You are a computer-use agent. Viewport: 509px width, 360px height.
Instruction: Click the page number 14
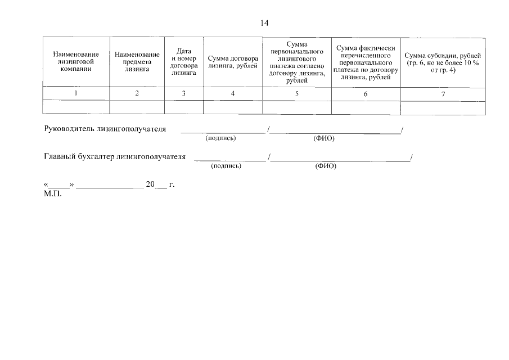coord(264,23)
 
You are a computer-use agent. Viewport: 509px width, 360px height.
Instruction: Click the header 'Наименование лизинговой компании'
coord(76,62)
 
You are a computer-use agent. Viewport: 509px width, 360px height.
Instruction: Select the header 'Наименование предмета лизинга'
coord(137,62)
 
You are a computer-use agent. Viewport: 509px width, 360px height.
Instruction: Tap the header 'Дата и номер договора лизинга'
coord(184,62)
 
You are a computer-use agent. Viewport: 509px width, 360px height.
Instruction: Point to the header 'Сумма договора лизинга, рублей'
coord(233,62)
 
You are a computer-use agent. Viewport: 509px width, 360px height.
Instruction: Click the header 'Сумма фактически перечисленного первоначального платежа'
coord(366,62)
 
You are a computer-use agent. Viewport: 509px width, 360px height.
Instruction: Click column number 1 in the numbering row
coord(76,93)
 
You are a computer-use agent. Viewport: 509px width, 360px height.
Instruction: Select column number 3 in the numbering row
coord(184,93)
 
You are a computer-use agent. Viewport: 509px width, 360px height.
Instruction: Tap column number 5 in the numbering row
coord(297,94)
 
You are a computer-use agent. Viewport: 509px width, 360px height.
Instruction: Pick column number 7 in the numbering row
coord(443,94)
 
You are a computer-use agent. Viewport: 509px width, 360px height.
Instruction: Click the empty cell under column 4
coord(233,107)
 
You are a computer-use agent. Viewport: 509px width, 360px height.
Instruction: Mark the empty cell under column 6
coord(366,108)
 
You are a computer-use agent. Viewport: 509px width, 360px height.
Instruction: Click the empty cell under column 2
coord(137,107)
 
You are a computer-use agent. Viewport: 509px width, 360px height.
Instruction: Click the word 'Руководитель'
coord(69,129)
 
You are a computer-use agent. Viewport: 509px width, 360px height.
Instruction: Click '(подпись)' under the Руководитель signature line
coord(220,138)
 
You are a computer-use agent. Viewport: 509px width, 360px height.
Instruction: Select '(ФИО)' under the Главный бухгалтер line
coord(326,166)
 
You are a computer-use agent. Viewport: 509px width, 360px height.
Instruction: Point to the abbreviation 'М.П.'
coord(53,194)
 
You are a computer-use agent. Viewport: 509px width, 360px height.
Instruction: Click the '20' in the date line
coord(150,184)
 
